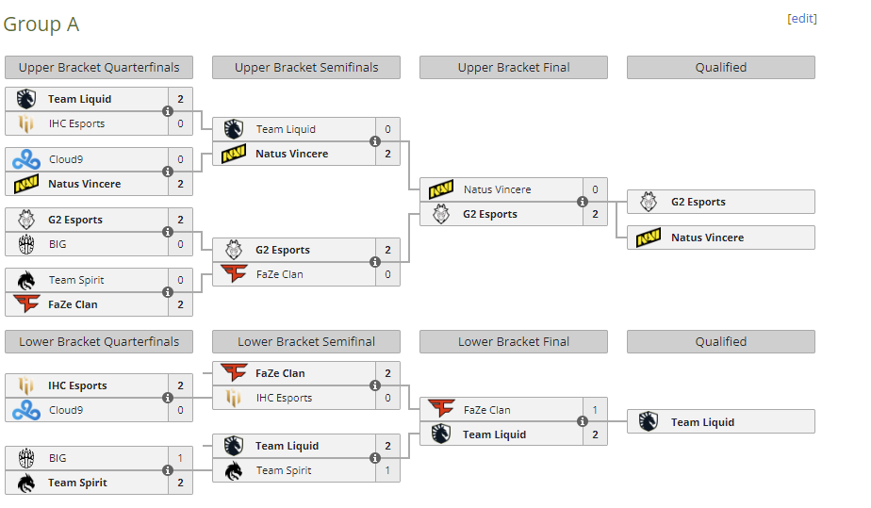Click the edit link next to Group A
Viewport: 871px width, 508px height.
click(x=802, y=19)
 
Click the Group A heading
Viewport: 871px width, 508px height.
click(x=41, y=25)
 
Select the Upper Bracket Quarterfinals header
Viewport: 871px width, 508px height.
click(x=99, y=68)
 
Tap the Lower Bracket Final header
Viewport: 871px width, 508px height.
click(x=514, y=342)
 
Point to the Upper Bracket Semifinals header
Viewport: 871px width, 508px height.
click(x=306, y=68)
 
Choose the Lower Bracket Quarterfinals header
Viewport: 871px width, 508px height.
click(x=99, y=342)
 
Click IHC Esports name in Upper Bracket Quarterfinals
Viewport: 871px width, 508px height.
click(x=76, y=123)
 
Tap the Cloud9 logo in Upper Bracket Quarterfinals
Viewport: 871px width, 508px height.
click(x=26, y=159)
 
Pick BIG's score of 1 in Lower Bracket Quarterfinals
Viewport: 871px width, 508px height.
click(x=180, y=458)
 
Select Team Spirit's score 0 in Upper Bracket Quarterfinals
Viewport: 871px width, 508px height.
click(x=180, y=280)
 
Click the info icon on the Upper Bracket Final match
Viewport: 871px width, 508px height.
click(x=583, y=202)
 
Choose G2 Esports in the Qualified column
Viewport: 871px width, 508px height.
click(x=698, y=202)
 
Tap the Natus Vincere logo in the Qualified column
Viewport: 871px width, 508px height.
click(x=649, y=238)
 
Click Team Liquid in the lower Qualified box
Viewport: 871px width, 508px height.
click(x=702, y=422)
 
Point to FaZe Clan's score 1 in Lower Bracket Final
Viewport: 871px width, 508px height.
click(x=595, y=410)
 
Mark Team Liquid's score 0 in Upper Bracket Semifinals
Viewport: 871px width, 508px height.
click(x=387, y=129)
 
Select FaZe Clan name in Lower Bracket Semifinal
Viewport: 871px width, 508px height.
click(x=280, y=373)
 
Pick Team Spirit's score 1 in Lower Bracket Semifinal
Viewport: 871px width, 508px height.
click(x=387, y=470)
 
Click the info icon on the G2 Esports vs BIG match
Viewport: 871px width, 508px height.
click(x=168, y=232)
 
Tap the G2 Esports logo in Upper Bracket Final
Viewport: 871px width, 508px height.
click(x=441, y=214)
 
